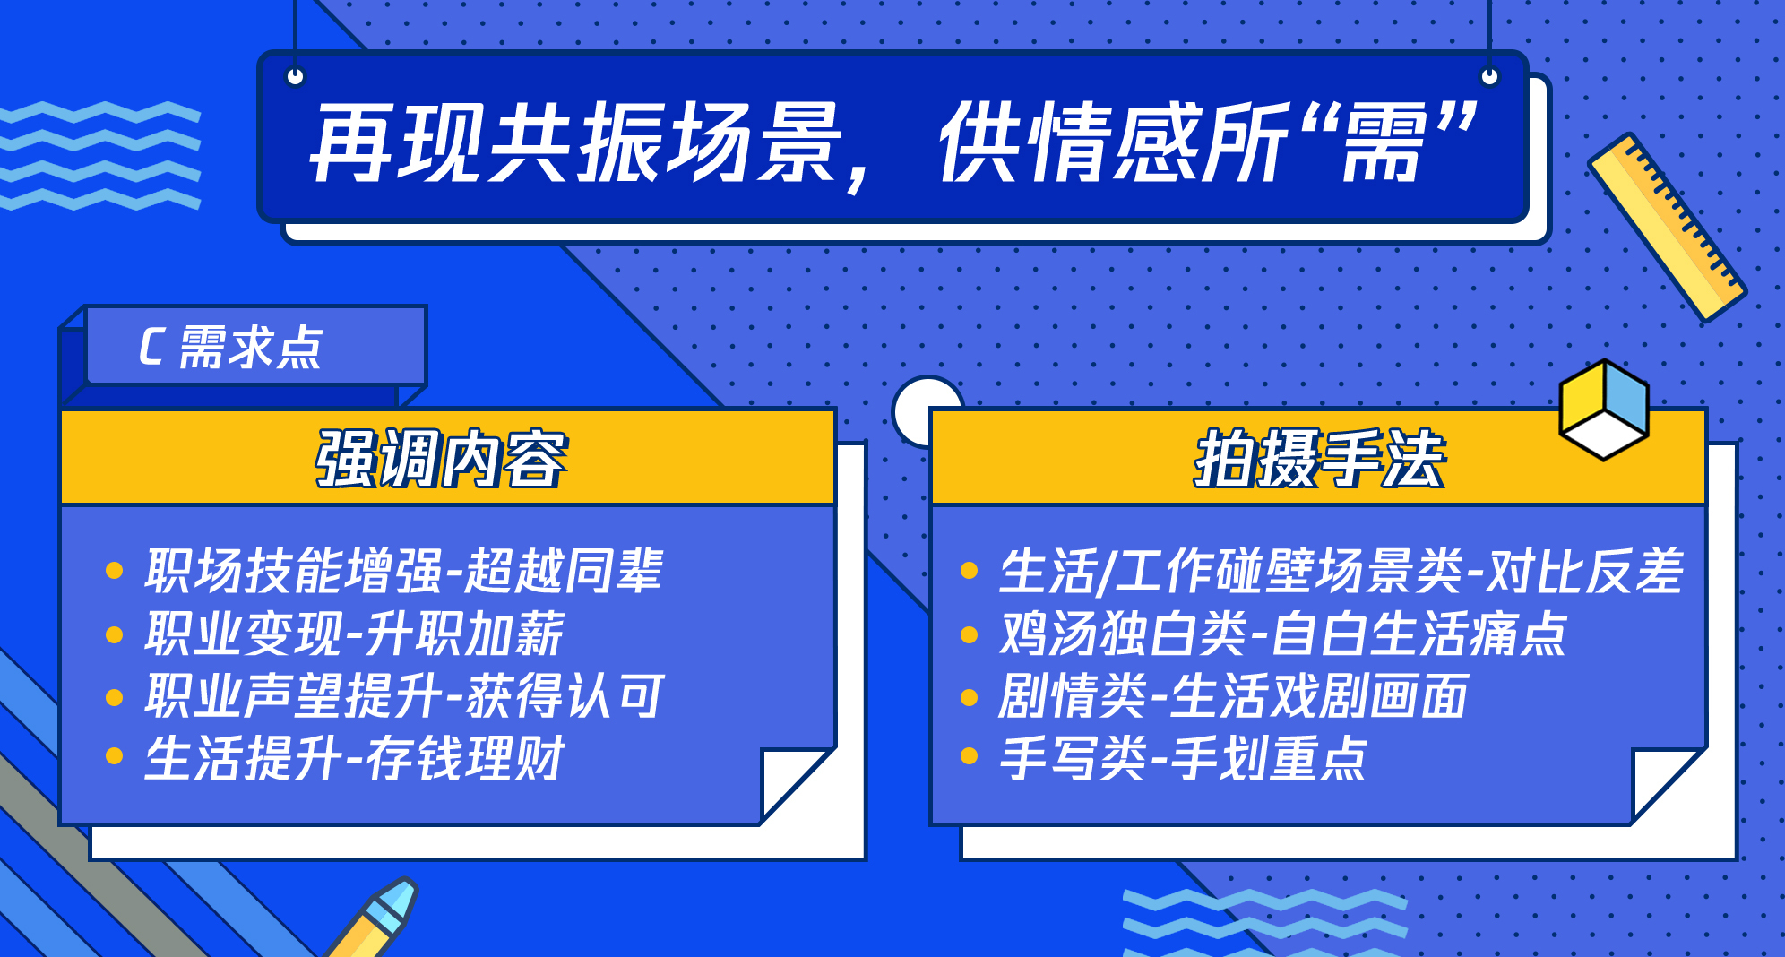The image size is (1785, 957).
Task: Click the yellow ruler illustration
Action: click(x=1667, y=228)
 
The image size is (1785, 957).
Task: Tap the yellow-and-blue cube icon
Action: click(x=1604, y=410)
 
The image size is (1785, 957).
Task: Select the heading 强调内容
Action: click(x=441, y=459)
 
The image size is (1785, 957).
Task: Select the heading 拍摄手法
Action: click(x=1319, y=459)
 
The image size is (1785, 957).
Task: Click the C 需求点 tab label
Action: click(x=230, y=347)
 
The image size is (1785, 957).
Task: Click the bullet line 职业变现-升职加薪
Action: click(x=355, y=634)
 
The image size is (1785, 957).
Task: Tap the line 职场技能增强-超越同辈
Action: click(x=404, y=571)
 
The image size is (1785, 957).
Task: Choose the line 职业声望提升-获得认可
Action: click(x=404, y=696)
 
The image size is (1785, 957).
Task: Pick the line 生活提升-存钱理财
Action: click(x=355, y=759)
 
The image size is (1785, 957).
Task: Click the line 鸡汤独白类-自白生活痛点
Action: click(x=1283, y=634)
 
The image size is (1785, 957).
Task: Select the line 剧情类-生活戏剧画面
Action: click(x=1234, y=696)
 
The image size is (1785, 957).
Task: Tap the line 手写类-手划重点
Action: click(x=1184, y=759)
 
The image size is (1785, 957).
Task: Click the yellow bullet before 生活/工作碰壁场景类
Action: click(x=969, y=571)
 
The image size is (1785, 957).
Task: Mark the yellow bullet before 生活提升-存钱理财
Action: click(x=114, y=756)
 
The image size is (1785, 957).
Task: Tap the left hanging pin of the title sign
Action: click(x=295, y=76)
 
